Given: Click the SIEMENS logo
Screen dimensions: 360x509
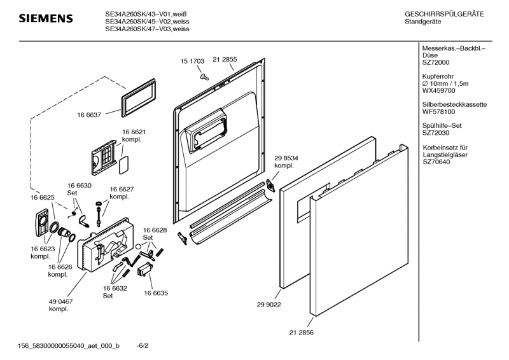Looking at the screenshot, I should (x=45, y=18).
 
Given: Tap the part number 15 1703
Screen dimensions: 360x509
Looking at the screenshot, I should (x=192, y=61).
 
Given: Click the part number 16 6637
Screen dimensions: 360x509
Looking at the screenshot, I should (x=90, y=115).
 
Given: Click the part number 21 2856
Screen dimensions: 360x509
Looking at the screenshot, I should (x=301, y=333).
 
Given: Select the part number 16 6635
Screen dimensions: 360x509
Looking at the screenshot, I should (x=156, y=294).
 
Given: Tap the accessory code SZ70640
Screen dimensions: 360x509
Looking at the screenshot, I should (x=438, y=162).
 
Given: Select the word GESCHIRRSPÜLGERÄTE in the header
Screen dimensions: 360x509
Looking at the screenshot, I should (x=443, y=14).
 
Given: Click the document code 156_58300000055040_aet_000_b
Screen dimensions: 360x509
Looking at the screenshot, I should (x=69, y=346).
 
